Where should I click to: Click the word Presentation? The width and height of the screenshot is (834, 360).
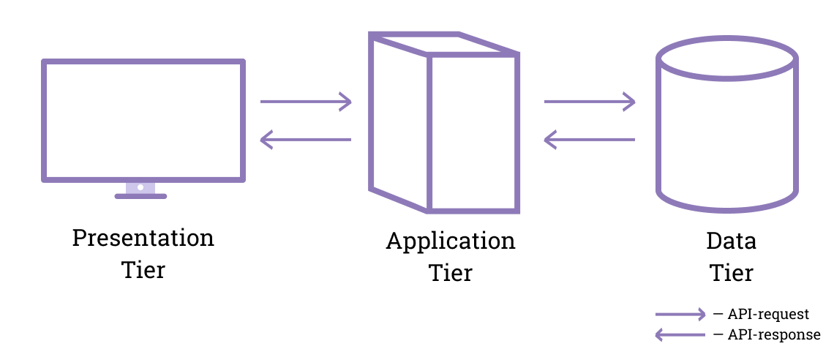coord(143,239)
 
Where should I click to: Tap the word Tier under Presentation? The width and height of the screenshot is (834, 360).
coord(143,269)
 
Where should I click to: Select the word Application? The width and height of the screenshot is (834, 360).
coord(451,241)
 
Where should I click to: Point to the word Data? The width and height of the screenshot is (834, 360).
coord(732,241)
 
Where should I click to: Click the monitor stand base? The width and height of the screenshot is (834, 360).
coord(141,196)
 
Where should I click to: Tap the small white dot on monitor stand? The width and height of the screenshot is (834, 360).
coord(140,187)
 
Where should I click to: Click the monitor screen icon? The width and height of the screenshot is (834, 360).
coord(143,120)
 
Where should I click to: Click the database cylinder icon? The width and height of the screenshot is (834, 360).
coord(726,132)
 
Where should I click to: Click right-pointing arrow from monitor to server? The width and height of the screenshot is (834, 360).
coord(306,102)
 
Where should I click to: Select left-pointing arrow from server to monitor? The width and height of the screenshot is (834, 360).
coord(306,139)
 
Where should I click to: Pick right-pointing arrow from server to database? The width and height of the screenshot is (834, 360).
coord(590,102)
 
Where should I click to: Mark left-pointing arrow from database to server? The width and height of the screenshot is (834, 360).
coord(590,139)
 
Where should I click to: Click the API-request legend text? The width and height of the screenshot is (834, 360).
coord(768,314)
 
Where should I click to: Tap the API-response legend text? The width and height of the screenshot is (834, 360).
coord(774,334)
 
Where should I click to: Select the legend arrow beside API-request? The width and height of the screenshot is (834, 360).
coord(681,314)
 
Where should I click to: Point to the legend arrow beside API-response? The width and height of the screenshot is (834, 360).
coord(681,334)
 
